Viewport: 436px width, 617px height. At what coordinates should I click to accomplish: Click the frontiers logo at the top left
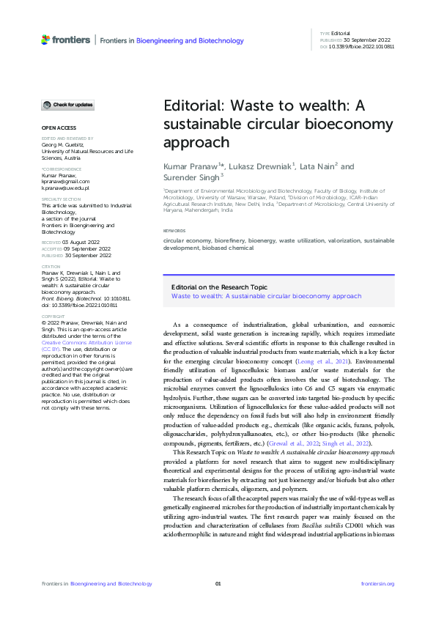(x=65, y=40)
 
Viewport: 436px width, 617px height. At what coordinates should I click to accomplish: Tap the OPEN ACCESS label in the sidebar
(x=58, y=128)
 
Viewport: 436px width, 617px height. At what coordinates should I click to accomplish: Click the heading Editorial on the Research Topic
(x=219, y=288)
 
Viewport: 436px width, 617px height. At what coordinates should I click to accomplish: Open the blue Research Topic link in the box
(x=266, y=296)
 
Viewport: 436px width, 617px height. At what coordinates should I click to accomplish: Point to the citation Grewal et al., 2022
(x=302, y=444)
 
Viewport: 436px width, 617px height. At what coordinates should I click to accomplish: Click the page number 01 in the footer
(x=218, y=584)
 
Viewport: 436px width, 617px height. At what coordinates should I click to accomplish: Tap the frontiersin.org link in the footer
(x=377, y=584)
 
